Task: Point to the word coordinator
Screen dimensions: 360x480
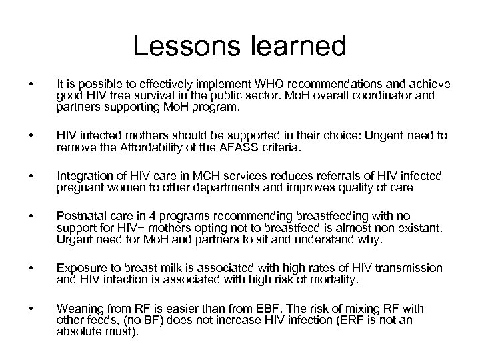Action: [x=384, y=95]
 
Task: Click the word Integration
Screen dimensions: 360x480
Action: [x=84, y=177]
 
